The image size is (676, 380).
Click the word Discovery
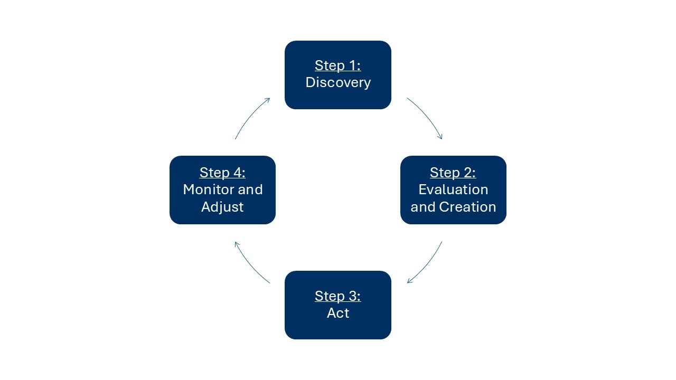click(x=338, y=83)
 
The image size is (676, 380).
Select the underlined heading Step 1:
click(x=337, y=65)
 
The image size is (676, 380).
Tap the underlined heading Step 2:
click(x=453, y=173)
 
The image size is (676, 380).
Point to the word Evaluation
click(x=453, y=189)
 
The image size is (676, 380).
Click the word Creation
click(x=467, y=207)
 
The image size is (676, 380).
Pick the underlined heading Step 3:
click(x=337, y=296)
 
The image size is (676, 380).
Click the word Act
click(x=338, y=313)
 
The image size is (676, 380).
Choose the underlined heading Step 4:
click(x=222, y=173)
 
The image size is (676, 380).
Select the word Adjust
click(x=222, y=207)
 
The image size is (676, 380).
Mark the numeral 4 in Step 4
click(x=238, y=173)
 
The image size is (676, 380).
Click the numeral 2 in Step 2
click(x=468, y=173)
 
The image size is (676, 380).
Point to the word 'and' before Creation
click(x=423, y=207)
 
